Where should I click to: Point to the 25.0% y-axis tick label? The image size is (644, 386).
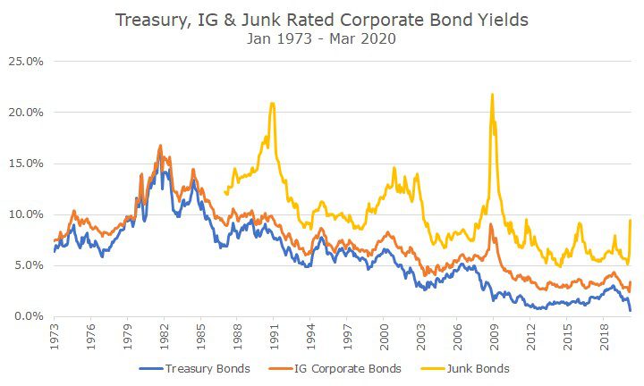(x=26, y=62)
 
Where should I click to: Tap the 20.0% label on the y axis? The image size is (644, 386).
(x=26, y=113)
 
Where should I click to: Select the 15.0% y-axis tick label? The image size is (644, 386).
(x=26, y=164)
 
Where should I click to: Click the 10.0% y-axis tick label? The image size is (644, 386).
(x=26, y=214)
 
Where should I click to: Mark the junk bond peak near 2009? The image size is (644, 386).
(x=492, y=95)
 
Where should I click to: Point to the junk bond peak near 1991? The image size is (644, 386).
(x=272, y=104)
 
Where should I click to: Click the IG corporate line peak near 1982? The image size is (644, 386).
(x=160, y=146)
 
